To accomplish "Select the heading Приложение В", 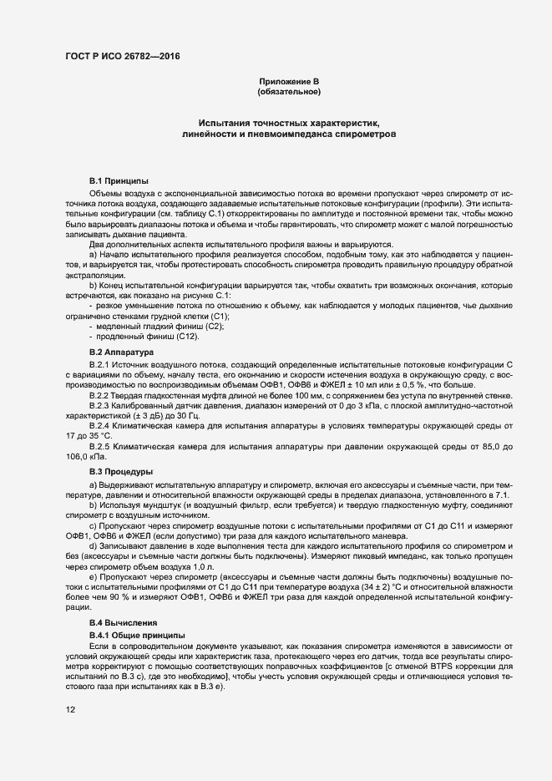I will coord(289,81).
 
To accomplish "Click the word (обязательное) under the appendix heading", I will coord(289,91).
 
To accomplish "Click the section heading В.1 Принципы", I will coord(119,180).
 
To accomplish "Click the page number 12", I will coord(70,709).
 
